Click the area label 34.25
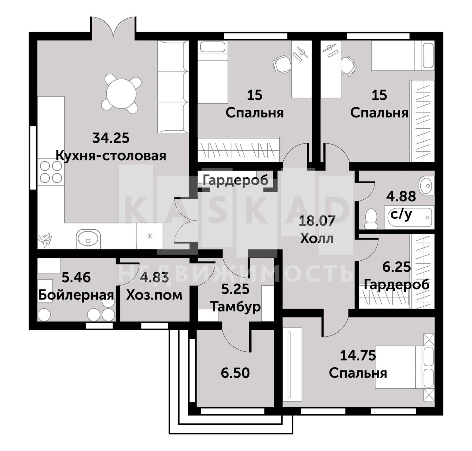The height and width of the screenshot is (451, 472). (111, 138)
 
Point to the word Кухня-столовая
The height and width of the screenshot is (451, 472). (111, 156)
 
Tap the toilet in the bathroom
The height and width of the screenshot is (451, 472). (371, 219)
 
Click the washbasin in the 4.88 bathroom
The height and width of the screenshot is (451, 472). (427, 185)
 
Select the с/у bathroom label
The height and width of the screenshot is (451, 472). (401, 215)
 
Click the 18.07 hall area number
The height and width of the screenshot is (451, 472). (317, 221)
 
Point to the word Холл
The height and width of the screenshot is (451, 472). (317, 238)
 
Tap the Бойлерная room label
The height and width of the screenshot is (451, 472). (76, 295)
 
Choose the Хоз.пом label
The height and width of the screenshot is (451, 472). (154, 295)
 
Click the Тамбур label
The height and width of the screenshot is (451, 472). (236, 307)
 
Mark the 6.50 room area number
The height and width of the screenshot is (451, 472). (235, 373)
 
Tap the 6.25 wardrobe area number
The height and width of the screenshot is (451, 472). (397, 267)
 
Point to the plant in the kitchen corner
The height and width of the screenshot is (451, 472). (46, 240)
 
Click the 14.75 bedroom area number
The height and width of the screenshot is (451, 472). (358, 356)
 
